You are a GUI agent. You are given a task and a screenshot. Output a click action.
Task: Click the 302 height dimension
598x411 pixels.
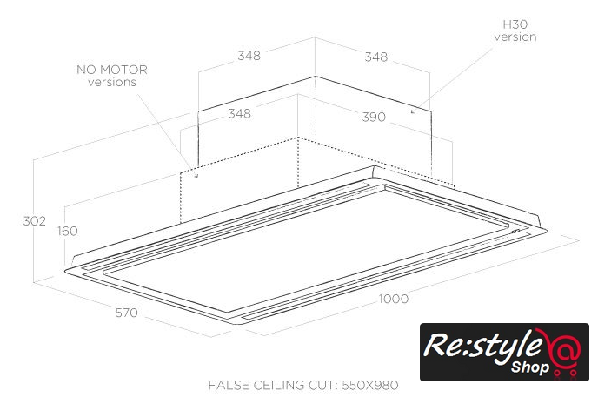tap(34, 221)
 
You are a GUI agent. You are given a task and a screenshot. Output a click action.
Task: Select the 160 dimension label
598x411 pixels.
tap(67, 231)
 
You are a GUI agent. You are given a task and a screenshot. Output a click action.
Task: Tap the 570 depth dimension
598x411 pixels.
tap(126, 313)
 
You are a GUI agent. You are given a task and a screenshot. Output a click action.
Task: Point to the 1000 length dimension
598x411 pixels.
tap(394, 299)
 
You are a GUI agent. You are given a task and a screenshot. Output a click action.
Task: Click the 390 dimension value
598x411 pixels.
tap(373, 117)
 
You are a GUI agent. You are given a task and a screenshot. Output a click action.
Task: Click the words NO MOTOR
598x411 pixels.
tap(112, 70)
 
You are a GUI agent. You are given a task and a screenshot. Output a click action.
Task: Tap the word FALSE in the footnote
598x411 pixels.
tap(228, 384)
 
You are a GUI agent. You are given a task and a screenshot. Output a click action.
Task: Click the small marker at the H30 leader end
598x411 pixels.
tap(412, 111)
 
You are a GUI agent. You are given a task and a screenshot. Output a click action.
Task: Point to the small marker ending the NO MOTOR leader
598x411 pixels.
tap(196, 175)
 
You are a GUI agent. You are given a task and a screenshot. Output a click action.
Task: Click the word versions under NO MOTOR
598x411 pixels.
tap(112, 82)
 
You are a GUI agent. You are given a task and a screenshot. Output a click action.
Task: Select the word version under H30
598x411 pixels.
tap(515, 37)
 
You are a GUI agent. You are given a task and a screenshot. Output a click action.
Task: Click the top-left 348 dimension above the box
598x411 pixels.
tap(249, 57)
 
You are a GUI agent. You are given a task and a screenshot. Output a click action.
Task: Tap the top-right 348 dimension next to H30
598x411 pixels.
tap(376, 57)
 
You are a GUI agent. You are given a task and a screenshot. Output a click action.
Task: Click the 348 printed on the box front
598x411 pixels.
tap(241, 113)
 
